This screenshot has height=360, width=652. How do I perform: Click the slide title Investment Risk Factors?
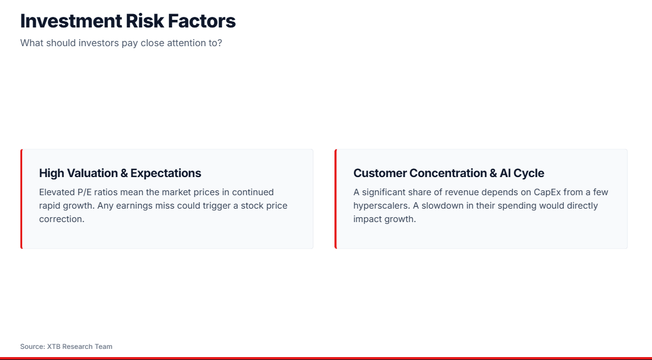tap(128, 21)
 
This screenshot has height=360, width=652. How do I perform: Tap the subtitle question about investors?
tap(121, 43)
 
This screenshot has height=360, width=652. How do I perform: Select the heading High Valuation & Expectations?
tap(120, 173)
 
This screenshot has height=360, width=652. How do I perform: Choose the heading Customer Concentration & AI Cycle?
tap(449, 173)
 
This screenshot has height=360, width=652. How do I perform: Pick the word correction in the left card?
tap(61, 219)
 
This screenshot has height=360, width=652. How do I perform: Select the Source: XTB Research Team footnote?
tap(66, 347)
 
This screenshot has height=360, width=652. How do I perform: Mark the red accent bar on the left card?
tap(21, 199)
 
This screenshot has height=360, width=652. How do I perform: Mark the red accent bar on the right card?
tap(336, 199)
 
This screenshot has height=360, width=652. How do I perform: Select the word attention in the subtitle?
tap(187, 43)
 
